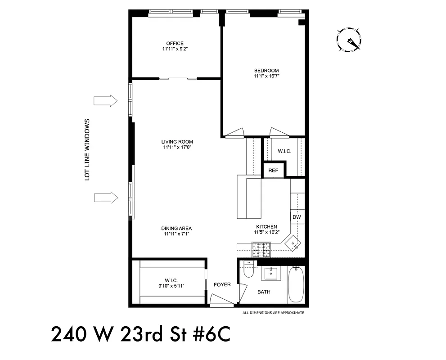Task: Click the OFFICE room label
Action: (x=175, y=44)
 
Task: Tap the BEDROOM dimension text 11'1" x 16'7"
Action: (x=266, y=76)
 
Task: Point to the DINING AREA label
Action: (x=177, y=229)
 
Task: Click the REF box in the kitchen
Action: (x=273, y=171)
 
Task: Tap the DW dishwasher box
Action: (x=297, y=217)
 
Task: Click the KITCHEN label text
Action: (x=266, y=227)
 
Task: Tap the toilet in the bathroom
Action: (x=248, y=270)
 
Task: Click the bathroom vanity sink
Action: (x=271, y=272)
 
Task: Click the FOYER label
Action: (x=222, y=284)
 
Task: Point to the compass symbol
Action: (x=349, y=40)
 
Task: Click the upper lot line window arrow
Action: (x=105, y=101)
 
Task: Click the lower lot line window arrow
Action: (x=105, y=197)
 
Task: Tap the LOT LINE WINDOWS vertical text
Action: (x=88, y=150)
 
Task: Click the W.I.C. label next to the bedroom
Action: (x=284, y=151)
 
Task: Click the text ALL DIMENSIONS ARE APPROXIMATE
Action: (x=273, y=313)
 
